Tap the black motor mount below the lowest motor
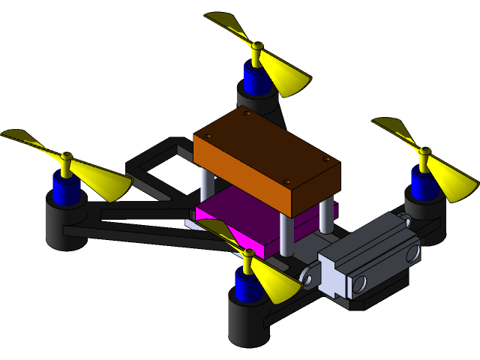pos(247,322)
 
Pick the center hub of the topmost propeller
pos(257,46)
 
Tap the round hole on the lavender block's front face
pos(359,283)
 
